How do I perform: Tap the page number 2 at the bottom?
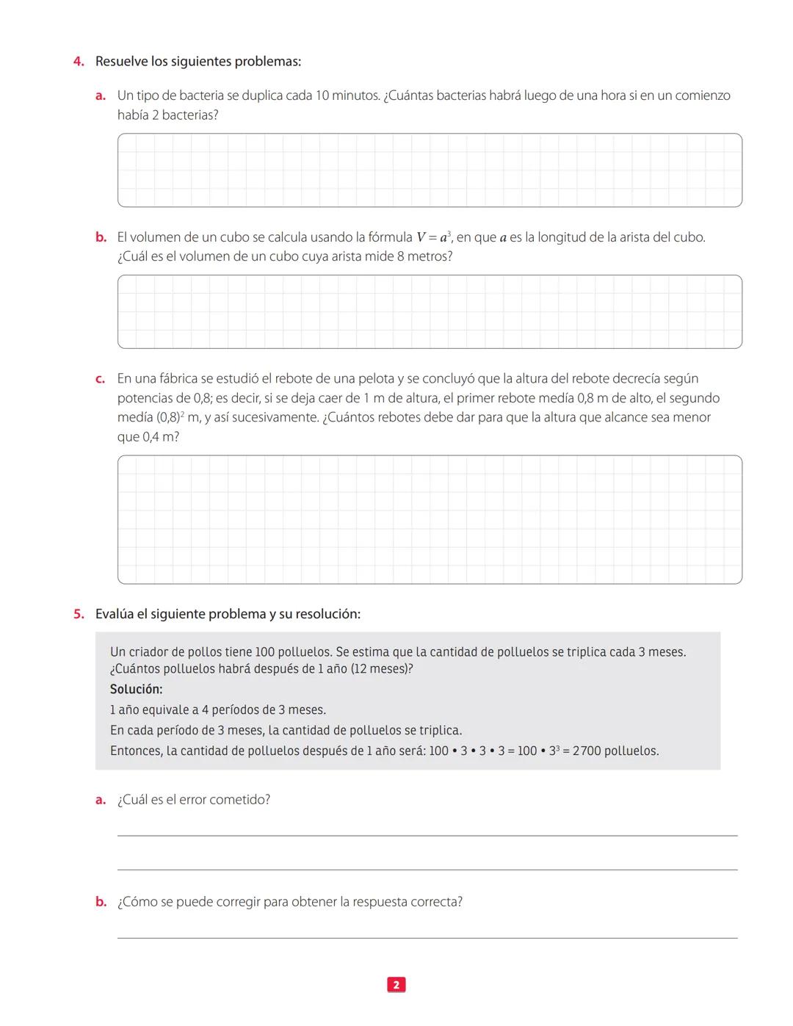click(396, 985)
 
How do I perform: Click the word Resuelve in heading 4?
click(122, 62)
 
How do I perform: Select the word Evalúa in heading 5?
click(115, 614)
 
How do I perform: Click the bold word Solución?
click(136, 690)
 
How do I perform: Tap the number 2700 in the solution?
click(587, 751)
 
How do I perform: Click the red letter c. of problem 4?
click(101, 379)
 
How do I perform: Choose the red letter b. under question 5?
click(101, 902)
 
